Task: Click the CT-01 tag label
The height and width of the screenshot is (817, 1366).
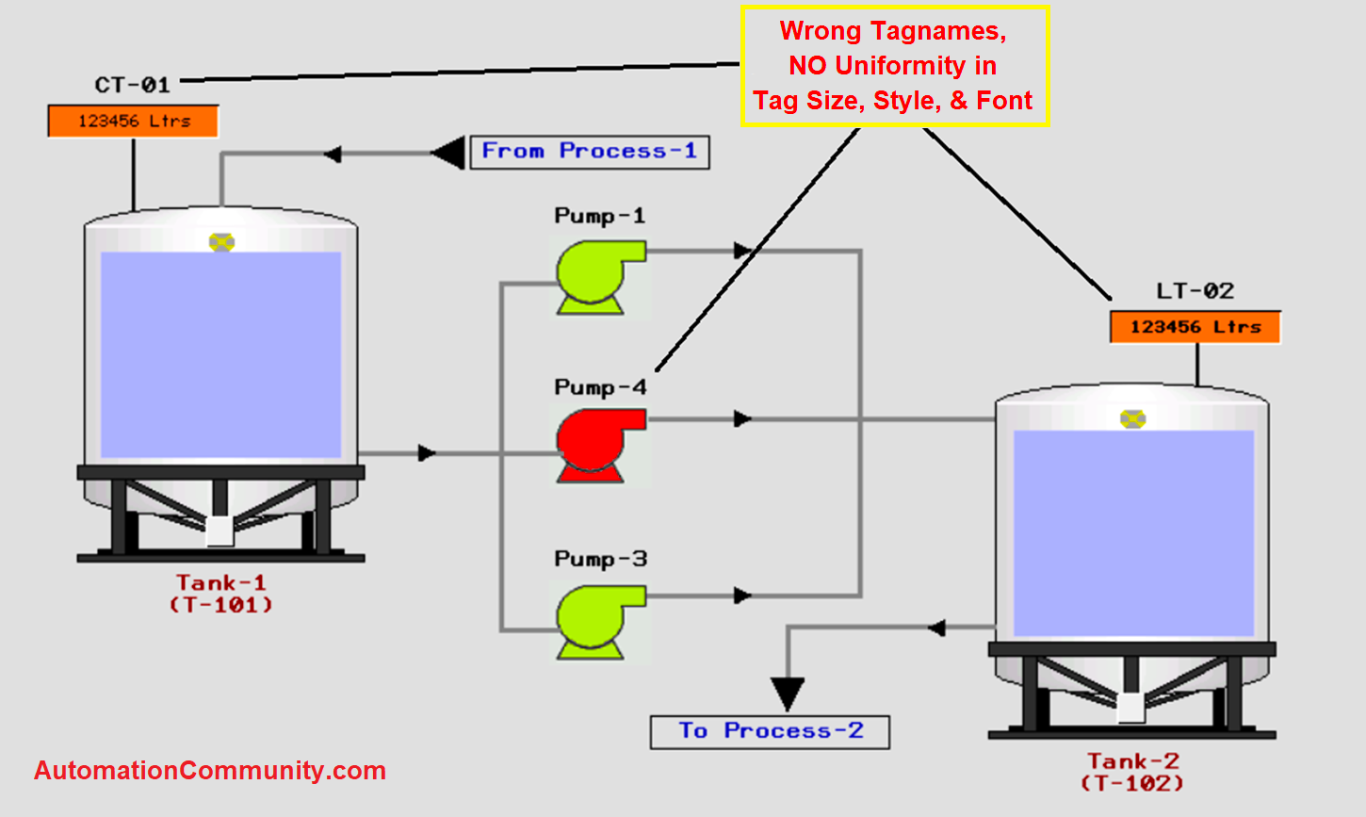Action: click(x=133, y=85)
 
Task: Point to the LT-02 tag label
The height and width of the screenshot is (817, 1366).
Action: click(x=1195, y=291)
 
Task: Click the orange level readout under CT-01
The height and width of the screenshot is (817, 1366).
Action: click(x=134, y=122)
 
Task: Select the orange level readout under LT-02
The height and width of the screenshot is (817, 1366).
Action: click(x=1195, y=327)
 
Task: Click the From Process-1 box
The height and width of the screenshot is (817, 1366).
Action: click(x=590, y=152)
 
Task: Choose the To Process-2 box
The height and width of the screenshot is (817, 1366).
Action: click(x=770, y=731)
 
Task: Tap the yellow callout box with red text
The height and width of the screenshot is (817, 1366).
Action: click(x=894, y=66)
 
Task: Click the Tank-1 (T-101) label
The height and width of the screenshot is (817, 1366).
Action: click(x=221, y=594)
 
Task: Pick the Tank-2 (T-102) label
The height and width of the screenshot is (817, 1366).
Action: click(x=1132, y=772)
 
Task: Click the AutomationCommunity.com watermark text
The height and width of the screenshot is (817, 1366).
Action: click(x=210, y=771)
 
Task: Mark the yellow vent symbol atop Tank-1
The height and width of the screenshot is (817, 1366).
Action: click(x=221, y=242)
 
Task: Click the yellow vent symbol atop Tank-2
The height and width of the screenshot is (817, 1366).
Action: click(x=1132, y=418)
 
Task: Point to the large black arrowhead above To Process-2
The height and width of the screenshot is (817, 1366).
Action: click(x=788, y=694)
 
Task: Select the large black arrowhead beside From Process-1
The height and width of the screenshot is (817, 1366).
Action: click(x=449, y=153)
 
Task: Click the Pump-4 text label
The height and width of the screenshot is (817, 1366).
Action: click(x=600, y=387)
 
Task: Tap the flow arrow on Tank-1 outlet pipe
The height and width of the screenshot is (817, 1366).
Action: click(x=427, y=453)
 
